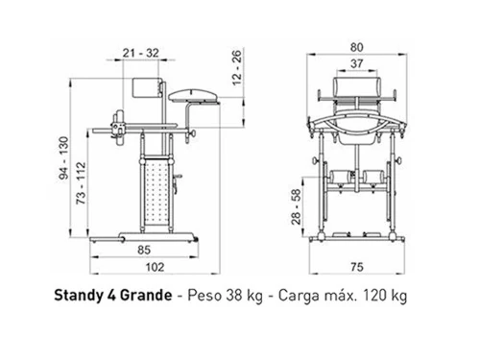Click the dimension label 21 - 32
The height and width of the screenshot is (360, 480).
point(141,53)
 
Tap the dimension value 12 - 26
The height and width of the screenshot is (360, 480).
point(237,68)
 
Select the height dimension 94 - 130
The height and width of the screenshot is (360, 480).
point(64,157)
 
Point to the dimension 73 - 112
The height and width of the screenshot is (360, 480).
point(81,183)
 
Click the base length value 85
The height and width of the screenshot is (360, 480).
point(144,250)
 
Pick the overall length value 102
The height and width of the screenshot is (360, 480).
point(156,267)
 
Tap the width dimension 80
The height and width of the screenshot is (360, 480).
point(356,47)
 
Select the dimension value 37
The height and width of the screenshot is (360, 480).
point(356,63)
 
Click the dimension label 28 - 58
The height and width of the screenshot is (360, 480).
point(297,206)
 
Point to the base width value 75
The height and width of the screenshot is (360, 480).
point(357,267)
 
